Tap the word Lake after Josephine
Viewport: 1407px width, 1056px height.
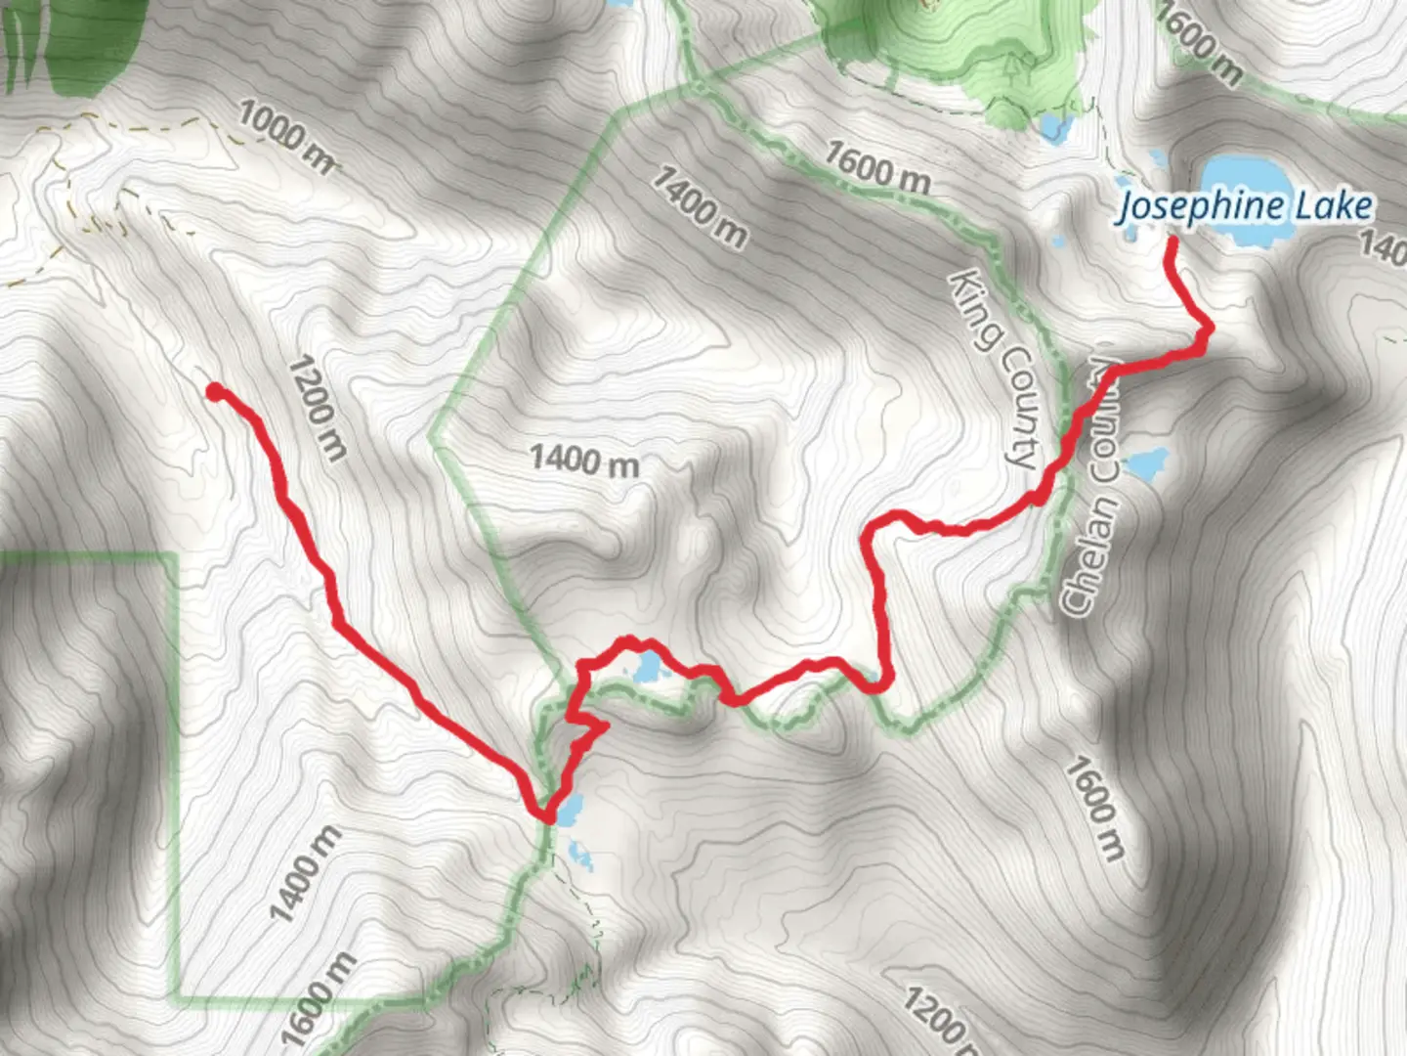1333,206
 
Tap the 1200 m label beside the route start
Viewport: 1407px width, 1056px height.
318,407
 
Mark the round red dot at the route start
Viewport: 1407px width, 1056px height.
214,392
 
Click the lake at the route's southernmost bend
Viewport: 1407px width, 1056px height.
570,810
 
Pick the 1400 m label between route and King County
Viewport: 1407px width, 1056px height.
584,459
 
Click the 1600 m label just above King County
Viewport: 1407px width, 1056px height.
876,166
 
